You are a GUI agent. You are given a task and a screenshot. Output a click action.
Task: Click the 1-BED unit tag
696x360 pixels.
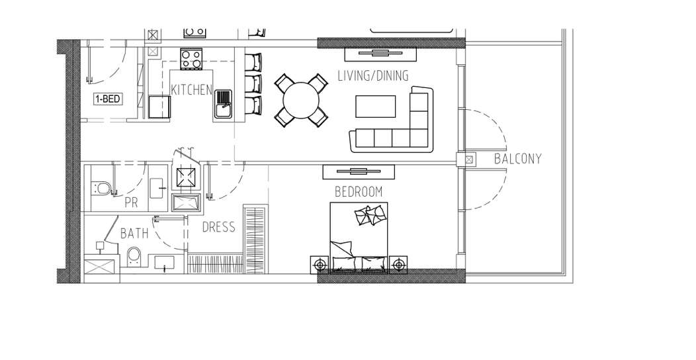tap(107, 99)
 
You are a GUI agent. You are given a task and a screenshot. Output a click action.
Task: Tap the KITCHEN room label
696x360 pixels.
tap(192, 90)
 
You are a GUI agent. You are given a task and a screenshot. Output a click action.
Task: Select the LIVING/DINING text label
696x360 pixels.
tap(373, 76)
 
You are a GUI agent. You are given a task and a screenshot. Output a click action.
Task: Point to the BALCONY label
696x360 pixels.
tap(518, 159)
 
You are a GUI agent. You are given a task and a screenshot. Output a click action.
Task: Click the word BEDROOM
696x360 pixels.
tap(359, 192)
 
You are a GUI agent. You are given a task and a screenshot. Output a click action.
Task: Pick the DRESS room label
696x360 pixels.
tap(219, 227)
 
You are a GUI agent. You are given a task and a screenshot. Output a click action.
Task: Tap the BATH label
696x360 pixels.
tap(134, 233)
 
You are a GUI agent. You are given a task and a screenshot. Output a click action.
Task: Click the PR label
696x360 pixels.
tap(132, 203)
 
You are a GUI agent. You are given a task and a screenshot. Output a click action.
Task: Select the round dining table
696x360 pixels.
tap(302, 101)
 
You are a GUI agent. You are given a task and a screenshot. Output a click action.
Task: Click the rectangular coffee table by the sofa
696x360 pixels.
tap(376, 107)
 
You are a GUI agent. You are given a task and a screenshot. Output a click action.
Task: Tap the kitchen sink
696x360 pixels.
tap(224, 105)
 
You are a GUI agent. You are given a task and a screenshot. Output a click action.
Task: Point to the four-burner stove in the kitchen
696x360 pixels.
tap(191, 59)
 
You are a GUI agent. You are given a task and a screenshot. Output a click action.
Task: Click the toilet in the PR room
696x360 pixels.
tap(101, 188)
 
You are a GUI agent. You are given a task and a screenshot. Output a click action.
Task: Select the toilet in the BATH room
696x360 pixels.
tap(134, 257)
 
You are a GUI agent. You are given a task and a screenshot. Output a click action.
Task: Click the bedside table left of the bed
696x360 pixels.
tap(320, 265)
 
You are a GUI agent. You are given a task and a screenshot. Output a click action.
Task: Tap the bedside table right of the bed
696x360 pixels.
tap(398, 265)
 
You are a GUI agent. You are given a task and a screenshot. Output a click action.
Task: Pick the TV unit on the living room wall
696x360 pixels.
tap(380, 54)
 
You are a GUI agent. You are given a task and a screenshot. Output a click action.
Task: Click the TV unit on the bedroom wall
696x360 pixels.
tap(359, 172)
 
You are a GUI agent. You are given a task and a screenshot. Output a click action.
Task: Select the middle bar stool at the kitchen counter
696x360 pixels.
tap(253, 83)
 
